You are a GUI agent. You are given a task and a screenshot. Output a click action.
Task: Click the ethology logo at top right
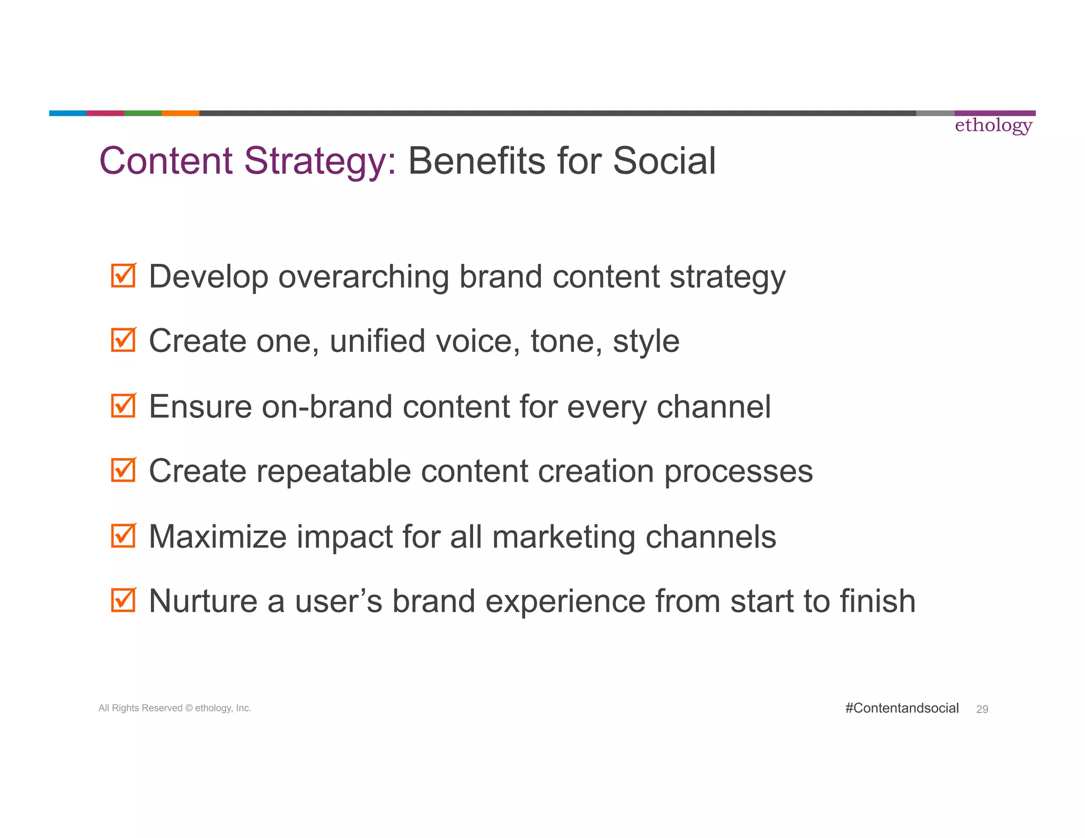(x=993, y=126)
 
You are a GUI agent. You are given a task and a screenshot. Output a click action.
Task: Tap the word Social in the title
(x=664, y=161)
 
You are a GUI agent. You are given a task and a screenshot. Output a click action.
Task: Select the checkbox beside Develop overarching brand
(x=123, y=276)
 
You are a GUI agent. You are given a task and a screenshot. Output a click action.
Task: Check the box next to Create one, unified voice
(x=123, y=340)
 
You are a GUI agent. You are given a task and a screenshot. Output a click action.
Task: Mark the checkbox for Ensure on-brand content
(x=123, y=406)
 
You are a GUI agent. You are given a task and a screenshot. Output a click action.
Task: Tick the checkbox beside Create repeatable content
(x=123, y=470)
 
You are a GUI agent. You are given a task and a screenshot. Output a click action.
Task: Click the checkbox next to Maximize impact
(x=123, y=536)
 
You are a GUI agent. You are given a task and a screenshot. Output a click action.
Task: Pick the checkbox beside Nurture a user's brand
(x=123, y=601)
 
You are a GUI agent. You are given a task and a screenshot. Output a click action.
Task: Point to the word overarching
(x=363, y=277)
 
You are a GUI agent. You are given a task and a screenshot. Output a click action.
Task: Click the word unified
(x=377, y=341)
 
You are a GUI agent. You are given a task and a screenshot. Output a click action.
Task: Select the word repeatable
(x=334, y=471)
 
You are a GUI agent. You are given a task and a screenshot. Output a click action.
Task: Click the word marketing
(x=564, y=537)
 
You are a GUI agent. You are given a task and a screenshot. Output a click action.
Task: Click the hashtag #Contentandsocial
(x=902, y=708)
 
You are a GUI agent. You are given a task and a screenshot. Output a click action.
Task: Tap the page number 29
(x=982, y=709)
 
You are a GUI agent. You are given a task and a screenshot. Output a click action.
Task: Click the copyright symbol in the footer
(x=189, y=708)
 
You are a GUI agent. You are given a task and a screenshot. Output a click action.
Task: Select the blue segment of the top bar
(x=68, y=113)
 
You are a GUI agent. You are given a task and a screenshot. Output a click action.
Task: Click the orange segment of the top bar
(x=180, y=113)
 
